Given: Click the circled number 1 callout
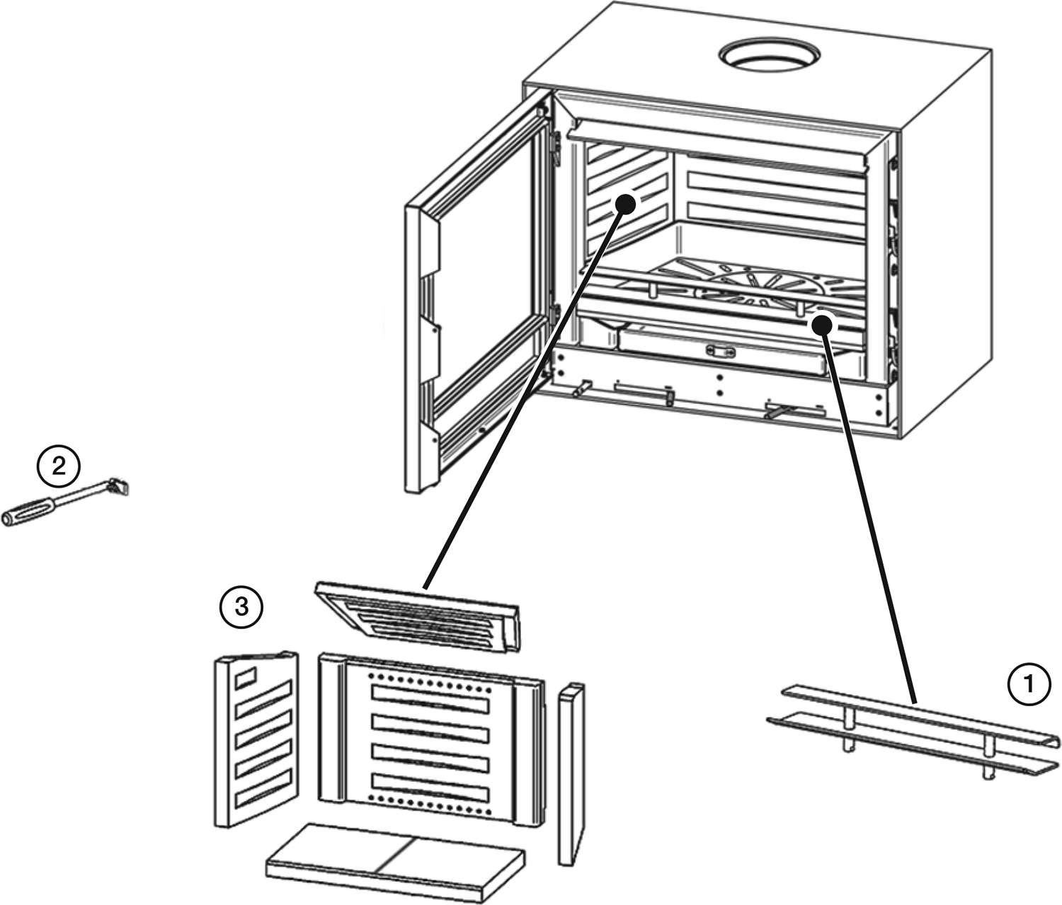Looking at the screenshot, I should [1029, 684].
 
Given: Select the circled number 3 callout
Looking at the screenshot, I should [241, 606].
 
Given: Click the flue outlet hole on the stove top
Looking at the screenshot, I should [770, 55].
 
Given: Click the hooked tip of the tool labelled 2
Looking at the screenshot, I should [122, 487].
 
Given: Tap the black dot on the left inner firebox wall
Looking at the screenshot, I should [624, 203].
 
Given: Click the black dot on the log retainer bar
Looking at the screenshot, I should [821, 325].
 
